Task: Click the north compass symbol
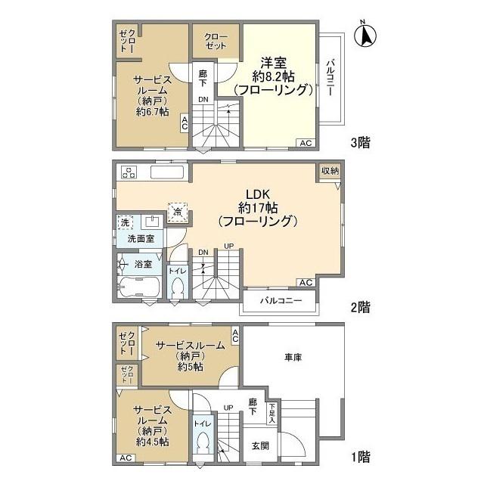click(x=365, y=35)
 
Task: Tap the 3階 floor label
click(x=361, y=143)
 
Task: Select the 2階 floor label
click(x=361, y=307)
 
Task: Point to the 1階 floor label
click(x=361, y=457)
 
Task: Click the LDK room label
click(x=258, y=194)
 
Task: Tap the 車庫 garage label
click(x=293, y=358)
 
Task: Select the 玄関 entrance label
click(x=260, y=445)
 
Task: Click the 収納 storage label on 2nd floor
click(x=330, y=171)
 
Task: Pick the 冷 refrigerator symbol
click(x=178, y=212)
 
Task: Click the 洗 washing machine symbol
click(x=125, y=222)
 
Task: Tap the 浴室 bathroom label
click(x=143, y=264)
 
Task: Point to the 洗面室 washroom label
click(x=141, y=239)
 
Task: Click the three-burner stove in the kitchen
click(x=129, y=172)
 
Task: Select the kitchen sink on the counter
click(x=169, y=172)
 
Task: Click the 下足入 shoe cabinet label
click(x=272, y=413)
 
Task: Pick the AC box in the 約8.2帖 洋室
click(x=306, y=143)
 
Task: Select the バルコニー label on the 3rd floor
click(x=330, y=79)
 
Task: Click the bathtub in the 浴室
click(x=138, y=287)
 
